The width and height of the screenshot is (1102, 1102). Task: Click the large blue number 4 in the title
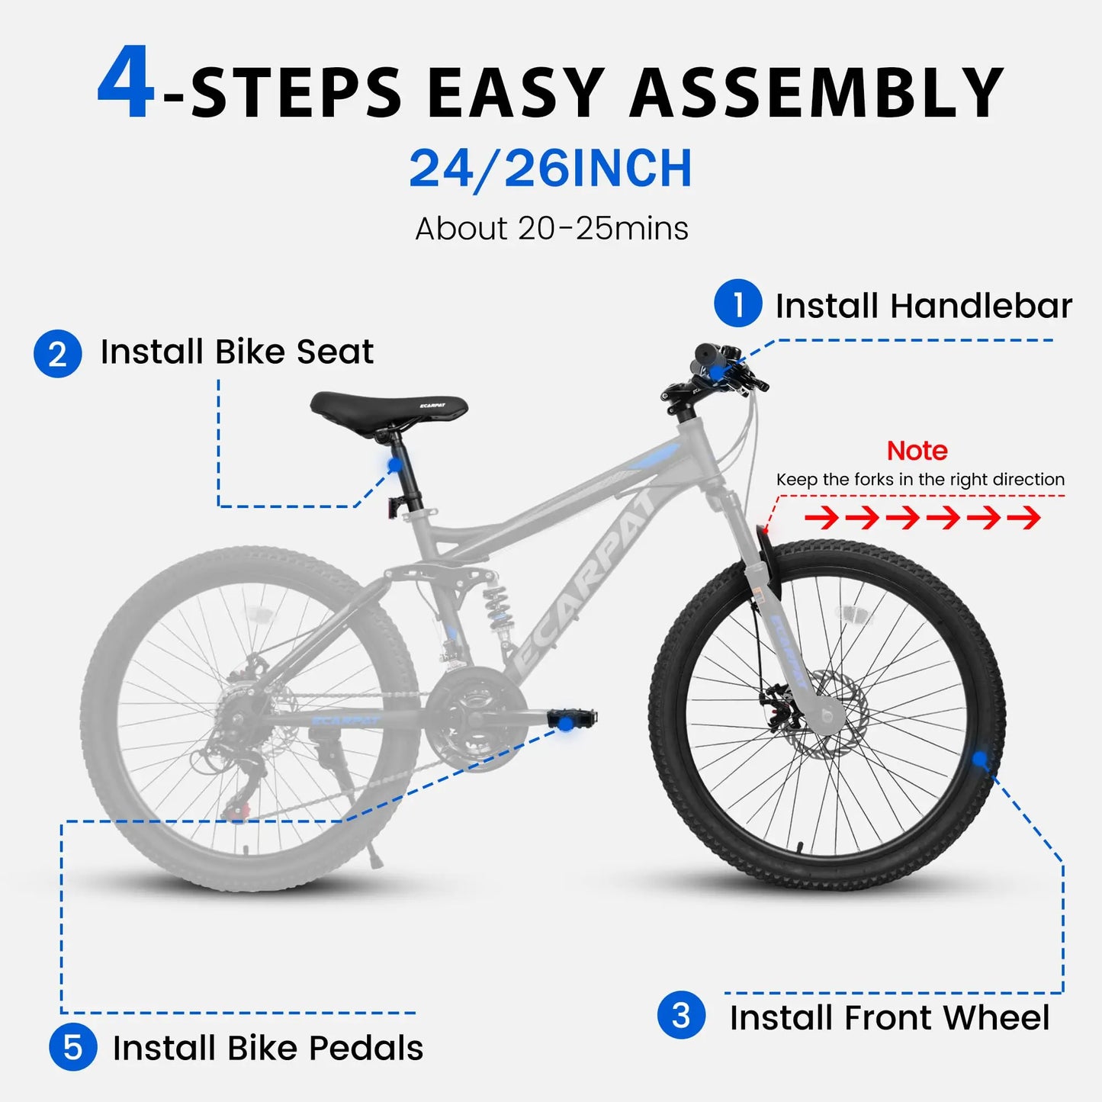click(x=126, y=84)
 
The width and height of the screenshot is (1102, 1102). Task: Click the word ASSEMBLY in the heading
click(x=816, y=93)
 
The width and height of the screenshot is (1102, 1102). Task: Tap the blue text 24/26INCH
click(x=551, y=169)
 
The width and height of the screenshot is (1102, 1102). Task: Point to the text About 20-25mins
click(x=551, y=228)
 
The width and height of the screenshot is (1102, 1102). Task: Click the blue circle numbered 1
click(x=737, y=304)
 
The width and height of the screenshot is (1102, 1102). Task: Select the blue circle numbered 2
click(x=57, y=354)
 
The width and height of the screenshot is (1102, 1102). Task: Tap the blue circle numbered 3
click(x=681, y=1015)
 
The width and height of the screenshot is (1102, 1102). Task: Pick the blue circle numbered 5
click(x=72, y=1047)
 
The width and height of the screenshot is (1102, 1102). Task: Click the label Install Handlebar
click(x=923, y=306)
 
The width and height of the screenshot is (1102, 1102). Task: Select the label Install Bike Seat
click(x=237, y=352)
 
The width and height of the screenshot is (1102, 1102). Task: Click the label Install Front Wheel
click(x=889, y=1017)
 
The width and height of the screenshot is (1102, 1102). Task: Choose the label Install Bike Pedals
click(x=268, y=1048)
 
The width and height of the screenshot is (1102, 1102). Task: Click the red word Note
click(x=917, y=451)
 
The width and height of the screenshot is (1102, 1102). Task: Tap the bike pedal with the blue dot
click(x=570, y=719)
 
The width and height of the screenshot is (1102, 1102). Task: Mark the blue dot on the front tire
click(x=979, y=759)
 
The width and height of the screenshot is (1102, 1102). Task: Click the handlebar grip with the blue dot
click(x=712, y=363)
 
